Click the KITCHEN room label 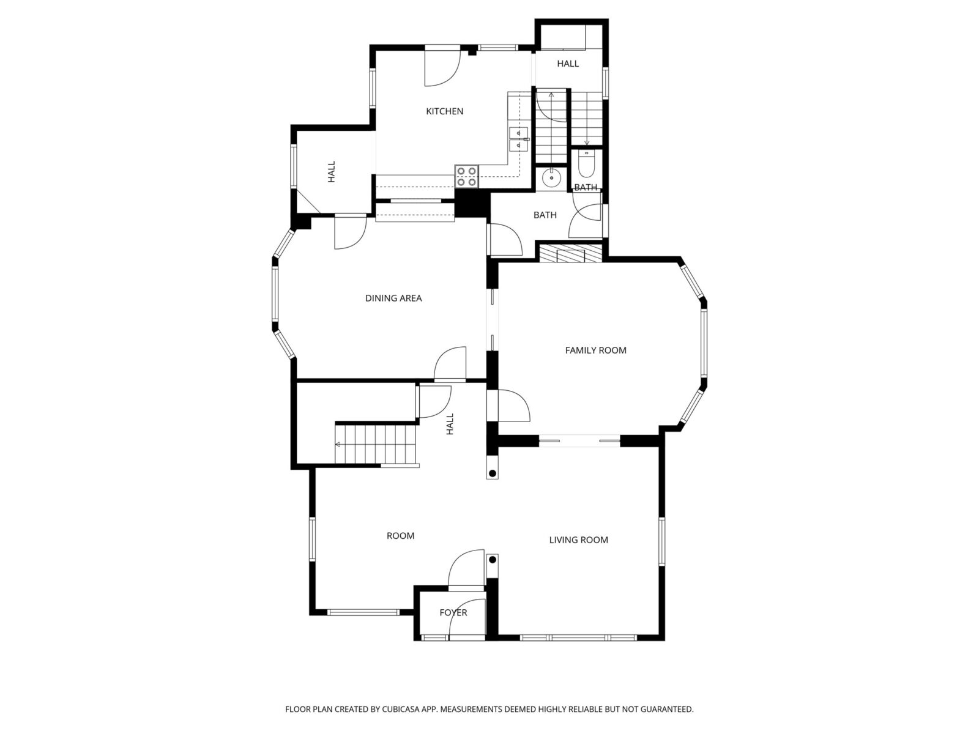444,111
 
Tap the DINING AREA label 393,298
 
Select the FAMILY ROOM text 595,350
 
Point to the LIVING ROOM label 578,539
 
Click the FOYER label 453,612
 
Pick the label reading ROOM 400,536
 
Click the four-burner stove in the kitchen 467,176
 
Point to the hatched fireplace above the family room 571,253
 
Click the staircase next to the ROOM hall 376,444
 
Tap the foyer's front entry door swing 466,619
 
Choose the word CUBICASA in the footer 401,709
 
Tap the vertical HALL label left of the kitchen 332,172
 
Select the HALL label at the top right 568,64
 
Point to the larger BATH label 545,215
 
